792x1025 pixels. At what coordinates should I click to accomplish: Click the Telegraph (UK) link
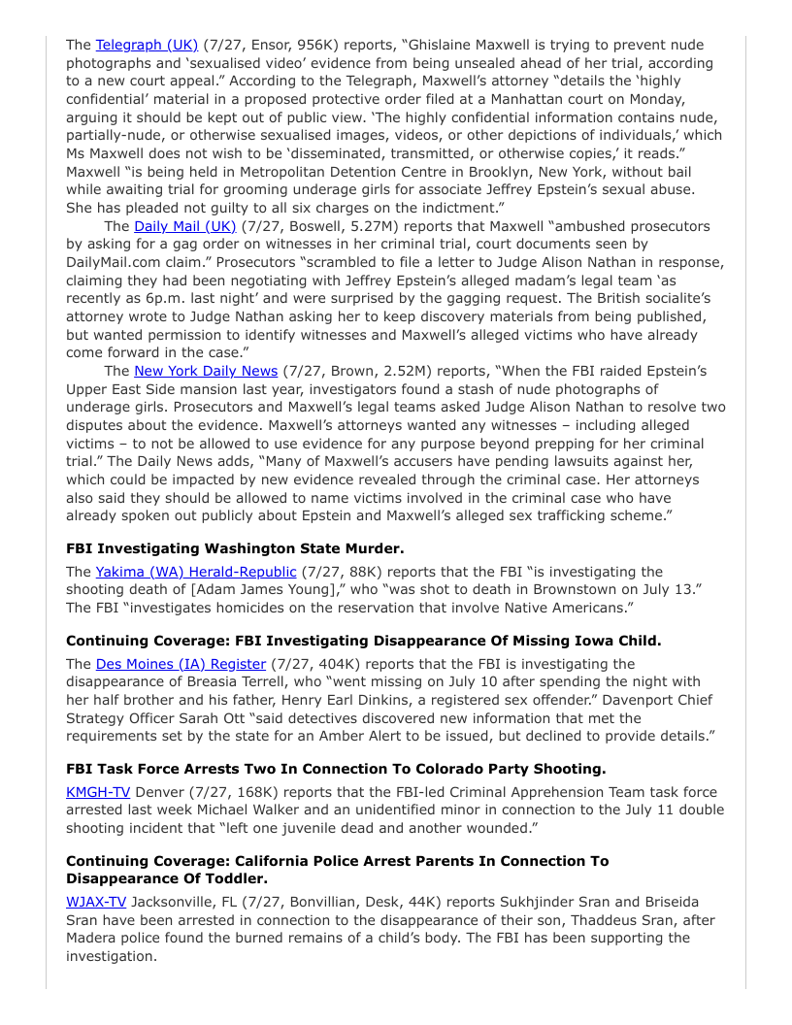pyautogui.click(x=147, y=45)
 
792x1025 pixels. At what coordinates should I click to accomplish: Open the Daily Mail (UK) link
pyautogui.click(x=184, y=226)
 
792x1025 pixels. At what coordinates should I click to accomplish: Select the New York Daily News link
pyautogui.click(x=206, y=371)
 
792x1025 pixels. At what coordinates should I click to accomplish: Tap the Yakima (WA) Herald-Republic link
pyautogui.click(x=195, y=572)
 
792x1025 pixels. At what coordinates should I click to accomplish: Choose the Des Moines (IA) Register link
pyautogui.click(x=181, y=664)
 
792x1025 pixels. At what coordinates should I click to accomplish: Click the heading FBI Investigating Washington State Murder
pyautogui.click(x=235, y=548)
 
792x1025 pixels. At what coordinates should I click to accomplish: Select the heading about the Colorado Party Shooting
pyautogui.click(x=336, y=769)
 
